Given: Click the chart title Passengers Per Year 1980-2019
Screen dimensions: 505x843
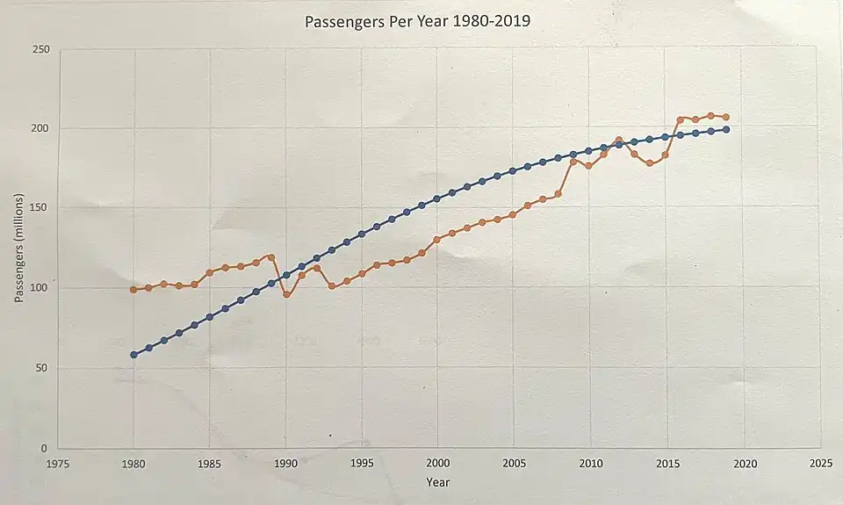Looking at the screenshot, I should coord(416,21).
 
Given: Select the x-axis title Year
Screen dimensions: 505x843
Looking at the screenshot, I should coord(437,482).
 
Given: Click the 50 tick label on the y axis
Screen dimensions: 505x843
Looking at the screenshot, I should coord(41,369).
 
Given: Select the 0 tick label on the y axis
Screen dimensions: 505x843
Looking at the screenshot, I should coord(45,449).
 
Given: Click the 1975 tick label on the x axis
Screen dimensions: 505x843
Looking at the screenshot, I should coord(58,464).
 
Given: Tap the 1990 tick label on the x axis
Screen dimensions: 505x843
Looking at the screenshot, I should coord(285,464).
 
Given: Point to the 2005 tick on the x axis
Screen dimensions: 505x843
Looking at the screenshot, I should coord(514,464).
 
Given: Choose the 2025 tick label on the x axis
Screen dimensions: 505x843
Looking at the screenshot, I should coord(820,463).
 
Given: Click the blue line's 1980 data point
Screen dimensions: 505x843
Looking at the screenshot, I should coord(133,355).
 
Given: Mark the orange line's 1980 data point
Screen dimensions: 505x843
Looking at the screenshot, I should coord(133,289).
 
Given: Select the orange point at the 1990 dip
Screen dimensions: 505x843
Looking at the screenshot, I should coord(286,294).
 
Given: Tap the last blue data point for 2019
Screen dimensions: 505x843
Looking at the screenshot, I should coord(726,130).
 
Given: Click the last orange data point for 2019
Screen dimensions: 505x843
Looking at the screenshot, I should coord(726,117).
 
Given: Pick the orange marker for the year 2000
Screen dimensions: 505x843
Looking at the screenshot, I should coord(436,240).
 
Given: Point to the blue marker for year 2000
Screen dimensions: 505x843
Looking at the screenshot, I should coord(436,198).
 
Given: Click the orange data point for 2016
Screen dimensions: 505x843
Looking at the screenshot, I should coord(681,119).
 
